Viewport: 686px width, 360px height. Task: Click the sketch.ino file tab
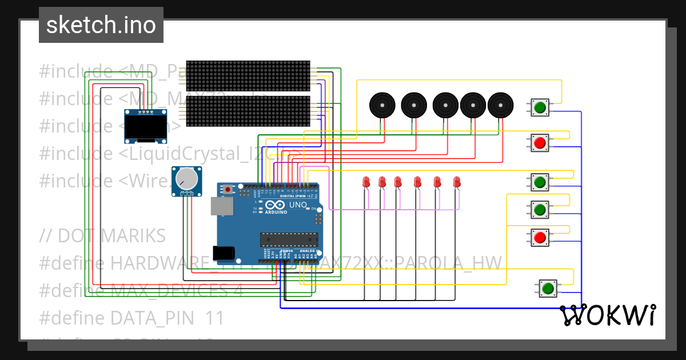101,25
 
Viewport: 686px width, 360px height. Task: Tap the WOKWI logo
608,315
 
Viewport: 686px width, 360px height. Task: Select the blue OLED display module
142,127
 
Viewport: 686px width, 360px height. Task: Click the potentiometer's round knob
186,178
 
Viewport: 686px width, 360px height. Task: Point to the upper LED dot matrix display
248,75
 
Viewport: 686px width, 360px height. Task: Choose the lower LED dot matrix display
248,111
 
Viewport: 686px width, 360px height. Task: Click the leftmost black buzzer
382,105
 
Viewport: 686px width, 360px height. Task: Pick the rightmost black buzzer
501,105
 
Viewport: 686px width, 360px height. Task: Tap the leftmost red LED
366,182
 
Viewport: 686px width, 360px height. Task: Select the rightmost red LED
456,182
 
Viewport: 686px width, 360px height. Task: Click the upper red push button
540,142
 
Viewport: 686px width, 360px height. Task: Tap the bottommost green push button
548,288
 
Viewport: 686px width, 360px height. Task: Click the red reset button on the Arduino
228,189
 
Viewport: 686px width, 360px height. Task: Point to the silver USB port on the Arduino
221,206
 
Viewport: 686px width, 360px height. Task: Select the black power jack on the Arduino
223,254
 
